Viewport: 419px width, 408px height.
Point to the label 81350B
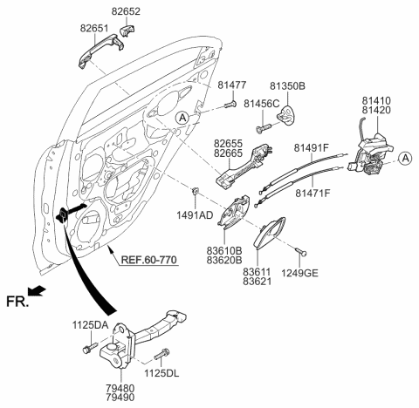point(287,85)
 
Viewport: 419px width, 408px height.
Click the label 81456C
point(260,103)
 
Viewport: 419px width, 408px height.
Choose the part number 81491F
point(313,148)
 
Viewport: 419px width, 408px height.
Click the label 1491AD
point(194,214)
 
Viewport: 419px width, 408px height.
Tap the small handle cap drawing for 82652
point(131,31)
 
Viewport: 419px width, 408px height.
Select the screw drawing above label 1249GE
point(299,250)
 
